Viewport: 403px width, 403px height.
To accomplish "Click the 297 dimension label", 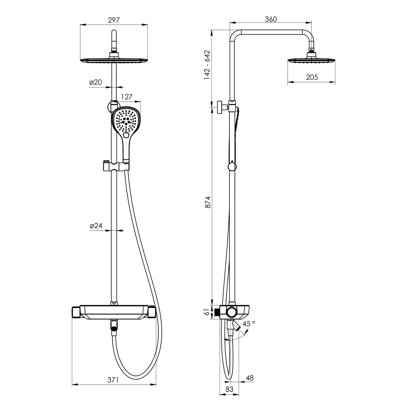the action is coord(114,20).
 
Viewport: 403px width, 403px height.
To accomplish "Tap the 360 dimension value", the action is coord(271,19).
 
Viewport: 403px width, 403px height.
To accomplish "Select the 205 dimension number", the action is coord(312,77).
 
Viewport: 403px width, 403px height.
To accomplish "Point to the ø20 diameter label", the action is coord(96,82).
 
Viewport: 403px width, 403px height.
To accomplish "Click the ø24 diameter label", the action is coord(96,226).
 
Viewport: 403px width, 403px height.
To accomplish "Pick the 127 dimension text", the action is coord(127,97).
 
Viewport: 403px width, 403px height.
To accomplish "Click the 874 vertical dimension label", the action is coord(208,202).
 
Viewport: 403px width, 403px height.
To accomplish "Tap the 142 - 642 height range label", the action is coord(207,64).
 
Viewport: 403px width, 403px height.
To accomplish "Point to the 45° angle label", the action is coord(249,324).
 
